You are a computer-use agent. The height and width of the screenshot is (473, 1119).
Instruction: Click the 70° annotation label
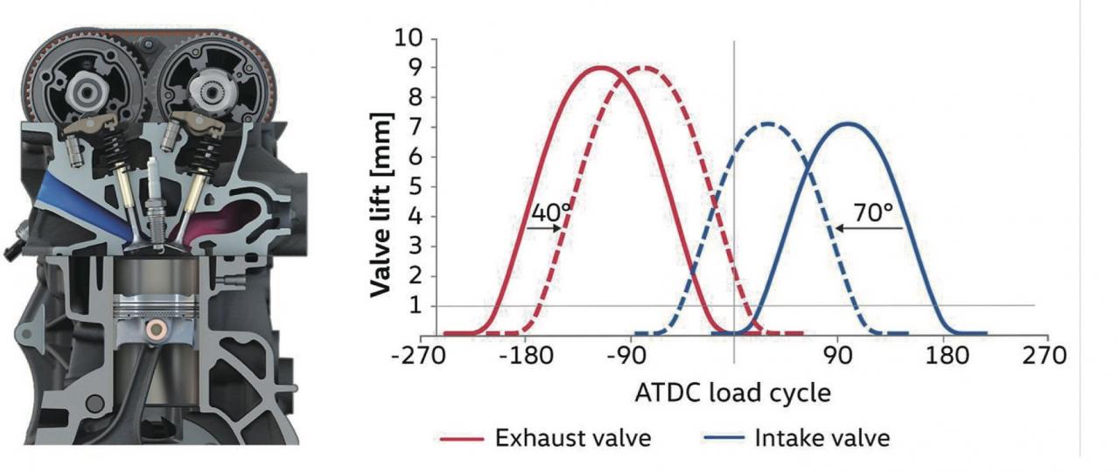[x=874, y=213]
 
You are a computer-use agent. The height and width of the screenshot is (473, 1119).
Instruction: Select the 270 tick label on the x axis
[x=1047, y=357]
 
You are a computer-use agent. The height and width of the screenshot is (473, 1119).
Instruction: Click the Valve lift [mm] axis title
[x=381, y=203]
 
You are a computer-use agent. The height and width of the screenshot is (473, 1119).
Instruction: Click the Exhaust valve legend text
[x=573, y=438]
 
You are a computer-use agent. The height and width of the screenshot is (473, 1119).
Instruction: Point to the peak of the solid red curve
[x=602, y=67]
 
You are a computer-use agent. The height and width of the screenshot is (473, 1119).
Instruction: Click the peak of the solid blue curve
[x=847, y=123]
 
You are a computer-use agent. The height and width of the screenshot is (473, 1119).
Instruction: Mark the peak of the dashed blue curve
[x=767, y=123]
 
